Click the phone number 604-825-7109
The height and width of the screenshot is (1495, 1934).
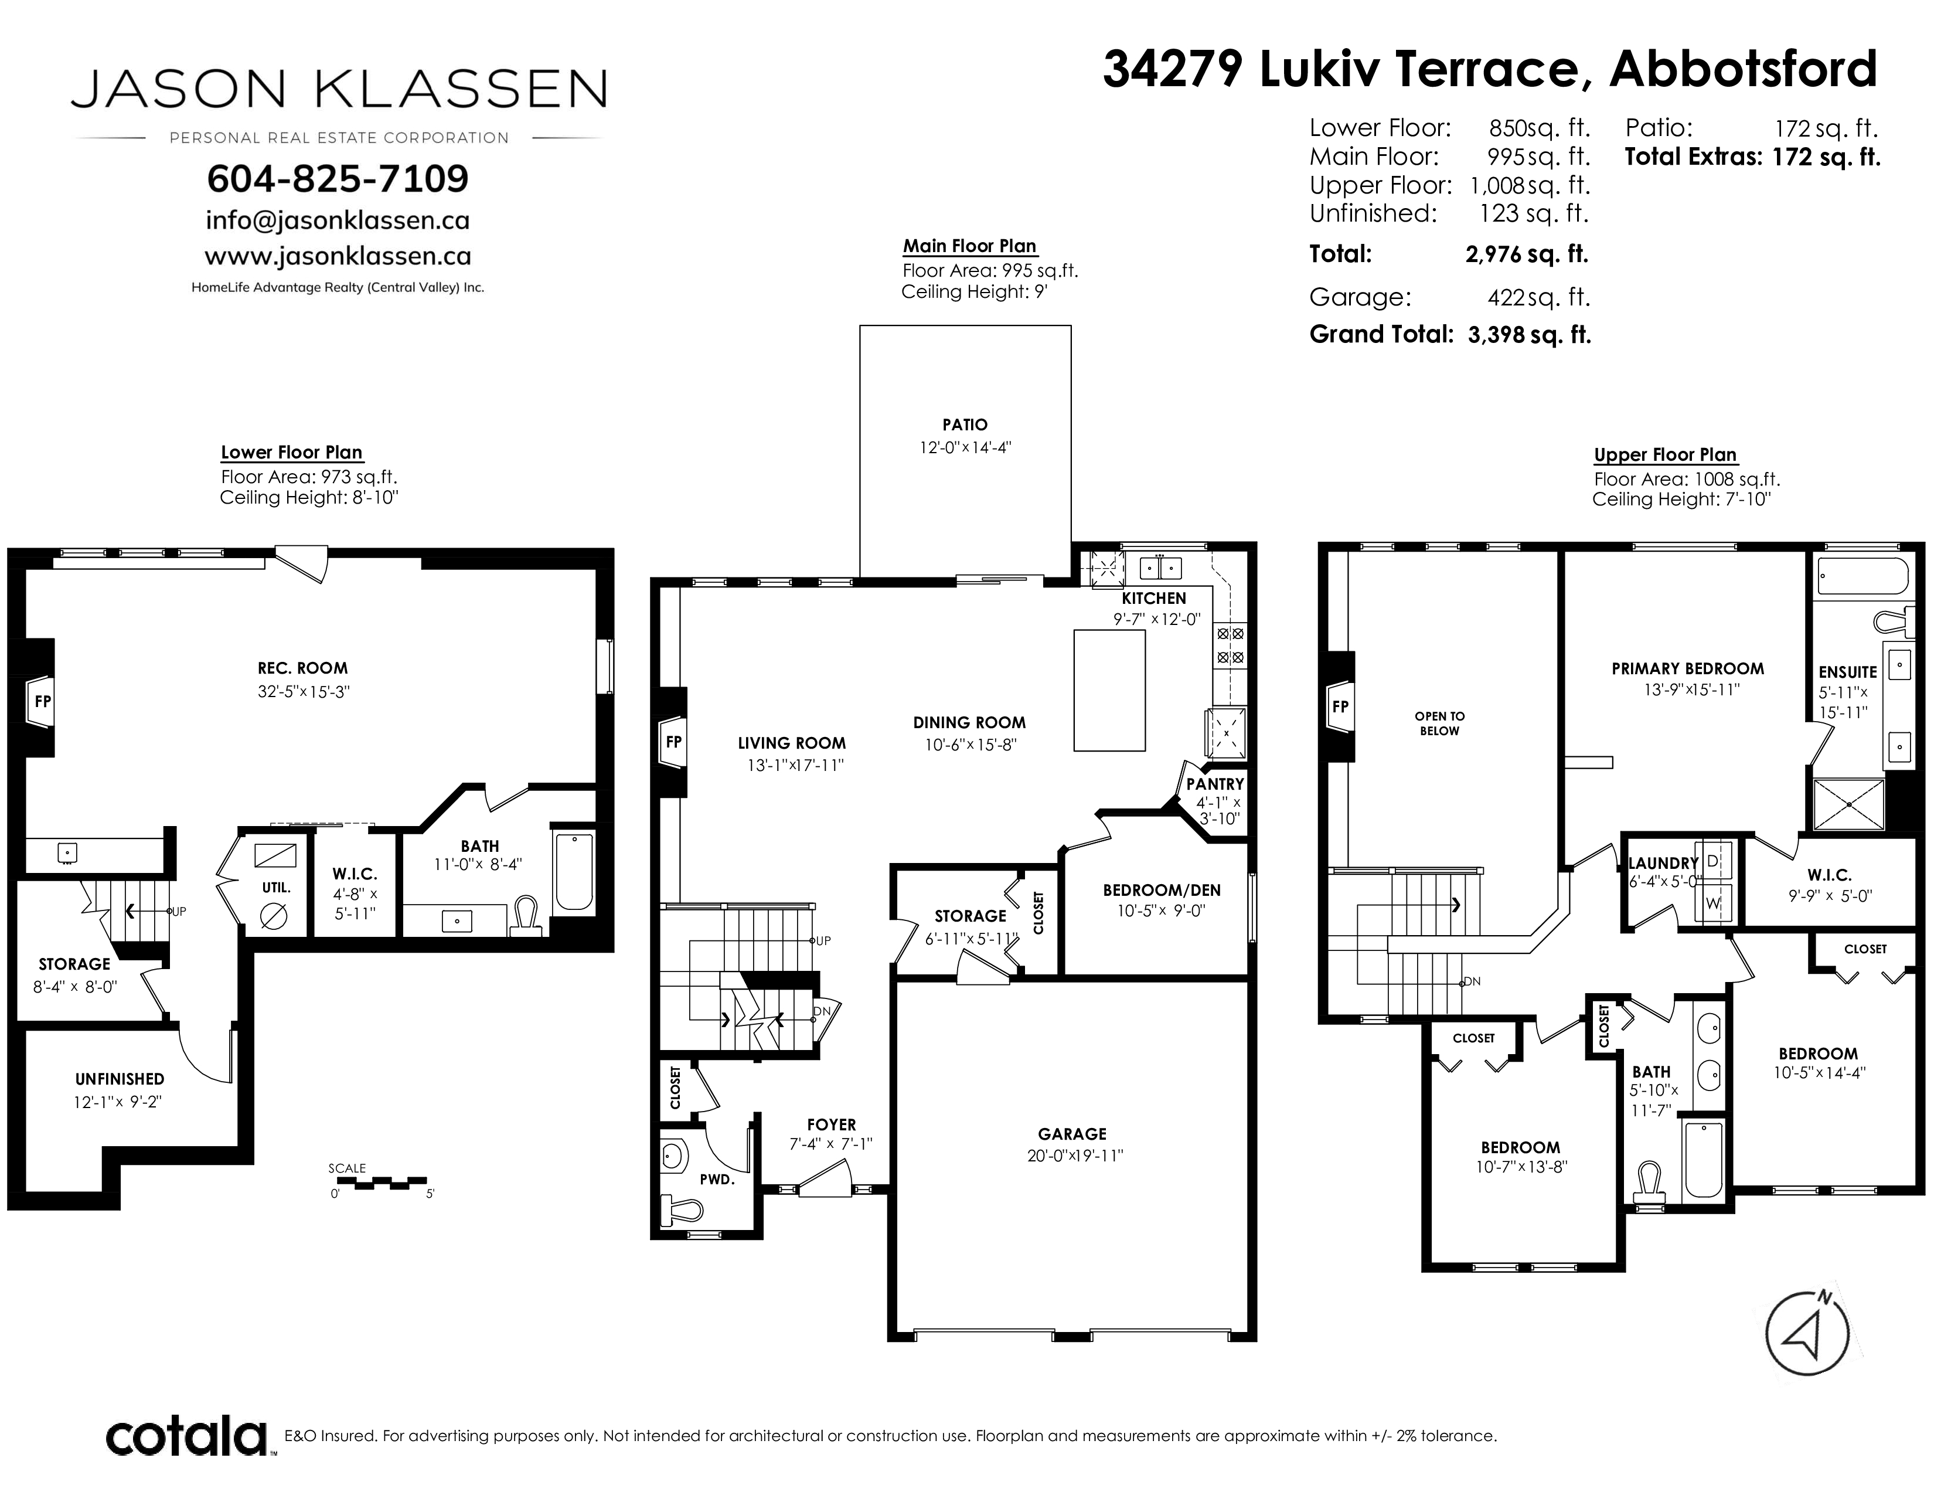click(x=338, y=178)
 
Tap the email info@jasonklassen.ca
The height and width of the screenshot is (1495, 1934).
click(x=338, y=220)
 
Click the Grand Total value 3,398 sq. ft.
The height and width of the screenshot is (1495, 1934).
click(x=1529, y=335)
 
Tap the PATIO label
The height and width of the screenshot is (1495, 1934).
click(x=964, y=425)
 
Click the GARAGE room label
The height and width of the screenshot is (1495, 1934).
click(x=1072, y=1134)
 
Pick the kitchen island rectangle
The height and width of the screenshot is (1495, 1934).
click(x=1109, y=690)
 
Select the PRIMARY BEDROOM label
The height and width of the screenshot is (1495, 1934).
click(x=1688, y=669)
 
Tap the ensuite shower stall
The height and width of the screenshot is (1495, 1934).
click(x=1849, y=804)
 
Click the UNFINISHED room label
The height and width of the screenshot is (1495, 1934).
click(x=120, y=1079)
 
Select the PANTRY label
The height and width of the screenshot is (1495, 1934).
click(x=1215, y=784)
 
